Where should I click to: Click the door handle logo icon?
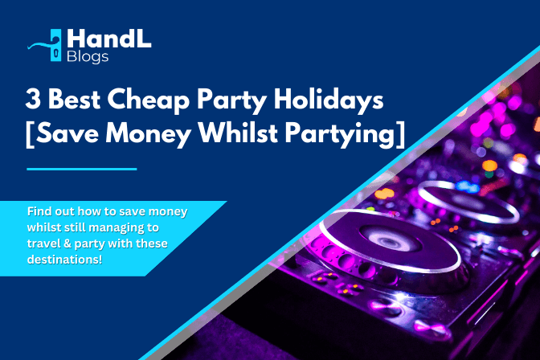coord(51,46)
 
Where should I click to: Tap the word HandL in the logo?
coord(109,39)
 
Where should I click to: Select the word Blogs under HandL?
coord(88,57)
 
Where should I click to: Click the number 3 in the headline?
coord(33,99)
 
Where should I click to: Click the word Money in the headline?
coord(149,133)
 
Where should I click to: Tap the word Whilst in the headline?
coord(239,133)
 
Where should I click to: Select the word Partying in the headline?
coord(340,134)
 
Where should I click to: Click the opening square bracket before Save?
coord(30,134)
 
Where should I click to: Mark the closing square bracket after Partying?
coord(400,134)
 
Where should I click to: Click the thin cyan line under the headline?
coord(82,169)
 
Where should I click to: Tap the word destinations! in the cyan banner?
coord(65,259)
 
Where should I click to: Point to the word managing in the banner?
coord(118,228)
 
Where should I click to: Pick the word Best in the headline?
coord(74,99)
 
